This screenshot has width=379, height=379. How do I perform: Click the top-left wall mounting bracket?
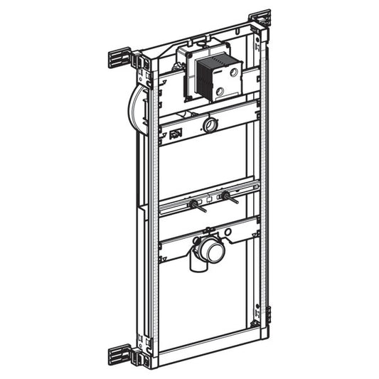pos(120,59)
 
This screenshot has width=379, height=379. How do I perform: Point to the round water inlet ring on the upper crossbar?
pos(210,125)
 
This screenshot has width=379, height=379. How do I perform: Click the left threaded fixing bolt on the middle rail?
pos(193,205)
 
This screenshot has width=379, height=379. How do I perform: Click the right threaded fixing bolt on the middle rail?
pos(225,196)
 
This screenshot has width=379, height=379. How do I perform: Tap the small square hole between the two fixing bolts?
pos(210,198)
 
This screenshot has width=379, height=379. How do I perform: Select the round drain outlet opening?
pos(212,250)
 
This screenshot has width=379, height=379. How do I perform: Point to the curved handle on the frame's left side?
pos(135,110)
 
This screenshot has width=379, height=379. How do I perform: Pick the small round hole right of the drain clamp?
pos(227,233)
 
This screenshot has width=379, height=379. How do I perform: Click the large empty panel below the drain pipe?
pos(206,299)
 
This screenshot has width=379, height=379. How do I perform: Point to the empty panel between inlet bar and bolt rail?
pos(206,164)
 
